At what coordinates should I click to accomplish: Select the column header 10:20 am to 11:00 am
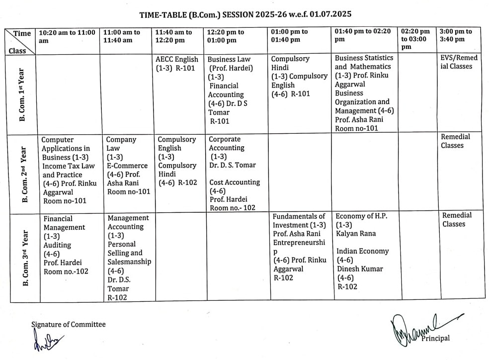[x=67, y=36]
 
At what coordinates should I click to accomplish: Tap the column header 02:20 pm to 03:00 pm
[x=415, y=39]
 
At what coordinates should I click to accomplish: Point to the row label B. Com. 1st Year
[x=22, y=94]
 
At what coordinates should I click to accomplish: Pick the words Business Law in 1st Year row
[x=229, y=59]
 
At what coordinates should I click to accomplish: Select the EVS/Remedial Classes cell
[x=459, y=62]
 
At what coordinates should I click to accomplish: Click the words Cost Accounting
[x=234, y=182]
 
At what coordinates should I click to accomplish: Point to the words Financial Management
[x=64, y=223]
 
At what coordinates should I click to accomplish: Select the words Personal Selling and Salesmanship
[x=128, y=253]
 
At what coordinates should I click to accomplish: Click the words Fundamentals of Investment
[x=299, y=220]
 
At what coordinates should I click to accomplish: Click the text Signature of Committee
[x=69, y=324]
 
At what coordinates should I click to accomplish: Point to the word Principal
[x=435, y=338]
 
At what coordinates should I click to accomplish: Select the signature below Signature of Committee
[x=48, y=342]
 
